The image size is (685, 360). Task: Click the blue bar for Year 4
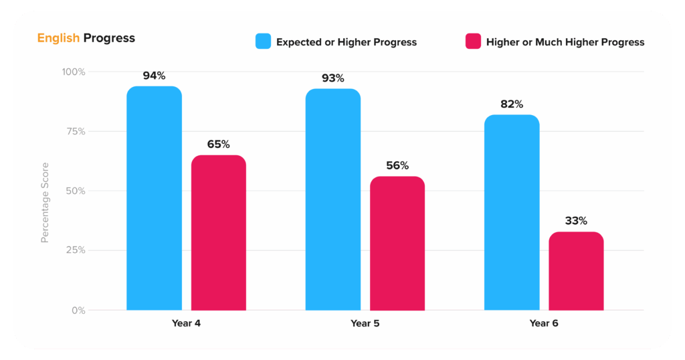click(x=155, y=198)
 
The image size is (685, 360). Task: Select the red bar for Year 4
click(x=219, y=233)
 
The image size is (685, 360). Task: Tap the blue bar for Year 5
click(x=333, y=199)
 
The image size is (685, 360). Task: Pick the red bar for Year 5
click(x=397, y=244)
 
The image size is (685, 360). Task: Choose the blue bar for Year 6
click(x=512, y=213)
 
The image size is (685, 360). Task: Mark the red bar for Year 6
click(x=576, y=271)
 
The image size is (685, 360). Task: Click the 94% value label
click(x=155, y=76)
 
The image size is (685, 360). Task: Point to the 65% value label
click(x=219, y=144)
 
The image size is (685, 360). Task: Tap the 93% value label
click(x=333, y=78)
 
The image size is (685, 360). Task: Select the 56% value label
click(x=397, y=165)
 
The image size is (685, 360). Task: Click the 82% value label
click(x=512, y=104)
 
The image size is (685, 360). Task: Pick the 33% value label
click(x=576, y=221)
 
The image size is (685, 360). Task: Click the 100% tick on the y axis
click(x=74, y=72)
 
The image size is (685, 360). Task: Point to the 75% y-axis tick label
click(x=76, y=132)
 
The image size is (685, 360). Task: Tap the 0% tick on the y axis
click(x=79, y=310)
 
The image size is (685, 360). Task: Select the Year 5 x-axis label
click(x=365, y=323)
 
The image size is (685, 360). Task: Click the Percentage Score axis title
click(x=45, y=203)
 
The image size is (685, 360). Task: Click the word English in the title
click(x=59, y=38)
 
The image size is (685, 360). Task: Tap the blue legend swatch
click(x=264, y=41)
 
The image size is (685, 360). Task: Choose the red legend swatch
click(x=473, y=41)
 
